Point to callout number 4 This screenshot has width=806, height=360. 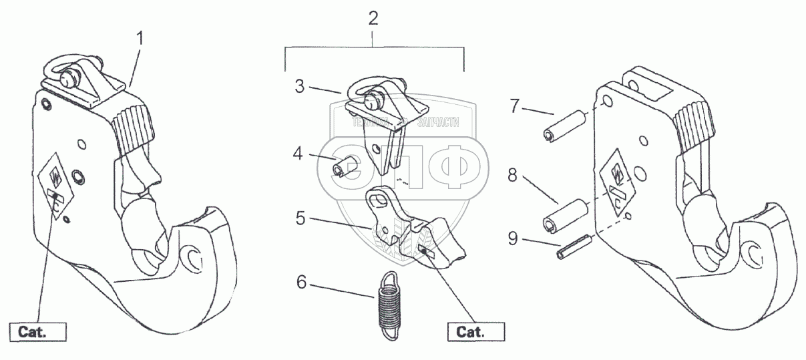coord(298,154)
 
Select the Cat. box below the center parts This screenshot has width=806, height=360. coord(475,331)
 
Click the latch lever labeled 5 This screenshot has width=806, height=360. coord(414,230)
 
